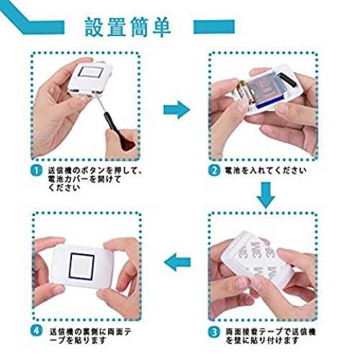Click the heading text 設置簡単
(128, 27)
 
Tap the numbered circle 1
(36, 171)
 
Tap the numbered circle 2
(214, 171)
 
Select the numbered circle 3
(214, 332)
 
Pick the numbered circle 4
(36, 331)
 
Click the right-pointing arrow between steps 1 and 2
(176, 110)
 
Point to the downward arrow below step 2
(266, 195)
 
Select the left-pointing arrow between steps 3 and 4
(178, 262)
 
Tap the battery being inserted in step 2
(243, 92)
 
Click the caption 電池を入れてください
(265, 171)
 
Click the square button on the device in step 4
(82, 266)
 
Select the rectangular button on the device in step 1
(91, 72)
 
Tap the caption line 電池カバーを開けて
(84, 179)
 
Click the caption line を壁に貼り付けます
(263, 340)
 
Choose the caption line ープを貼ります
(78, 340)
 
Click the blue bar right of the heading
(214, 27)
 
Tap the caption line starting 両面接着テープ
(271, 332)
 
